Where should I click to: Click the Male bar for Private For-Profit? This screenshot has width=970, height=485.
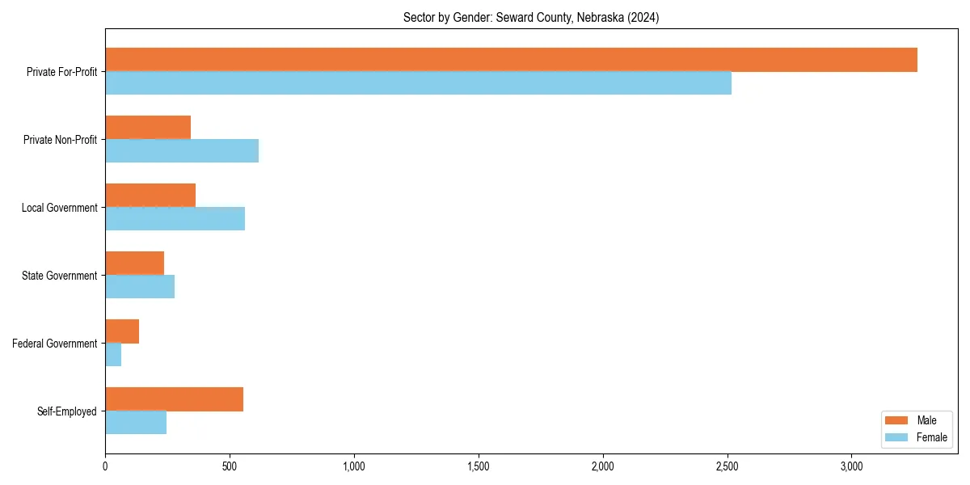(511, 60)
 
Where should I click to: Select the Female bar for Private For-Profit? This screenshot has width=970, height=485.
(418, 83)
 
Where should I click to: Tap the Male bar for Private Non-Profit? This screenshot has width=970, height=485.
(148, 128)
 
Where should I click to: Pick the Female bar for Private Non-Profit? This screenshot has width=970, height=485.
(182, 151)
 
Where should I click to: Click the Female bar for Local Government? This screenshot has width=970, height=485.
(175, 219)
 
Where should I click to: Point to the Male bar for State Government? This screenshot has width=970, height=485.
(134, 264)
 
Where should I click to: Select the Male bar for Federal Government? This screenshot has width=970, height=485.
(122, 331)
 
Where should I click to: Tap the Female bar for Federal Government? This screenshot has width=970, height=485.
(113, 355)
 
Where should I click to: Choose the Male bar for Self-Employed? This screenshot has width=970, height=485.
(174, 399)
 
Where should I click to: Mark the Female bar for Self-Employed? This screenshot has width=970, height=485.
(136, 423)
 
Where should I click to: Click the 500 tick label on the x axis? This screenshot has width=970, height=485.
(230, 466)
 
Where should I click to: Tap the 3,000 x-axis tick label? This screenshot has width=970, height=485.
(852, 466)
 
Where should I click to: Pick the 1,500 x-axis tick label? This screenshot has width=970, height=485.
(479, 466)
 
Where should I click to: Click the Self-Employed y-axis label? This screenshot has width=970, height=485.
(67, 411)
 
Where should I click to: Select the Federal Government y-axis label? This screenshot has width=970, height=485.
(55, 344)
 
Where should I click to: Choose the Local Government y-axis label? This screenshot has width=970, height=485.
(60, 208)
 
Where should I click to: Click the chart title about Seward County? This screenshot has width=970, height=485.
(531, 18)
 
